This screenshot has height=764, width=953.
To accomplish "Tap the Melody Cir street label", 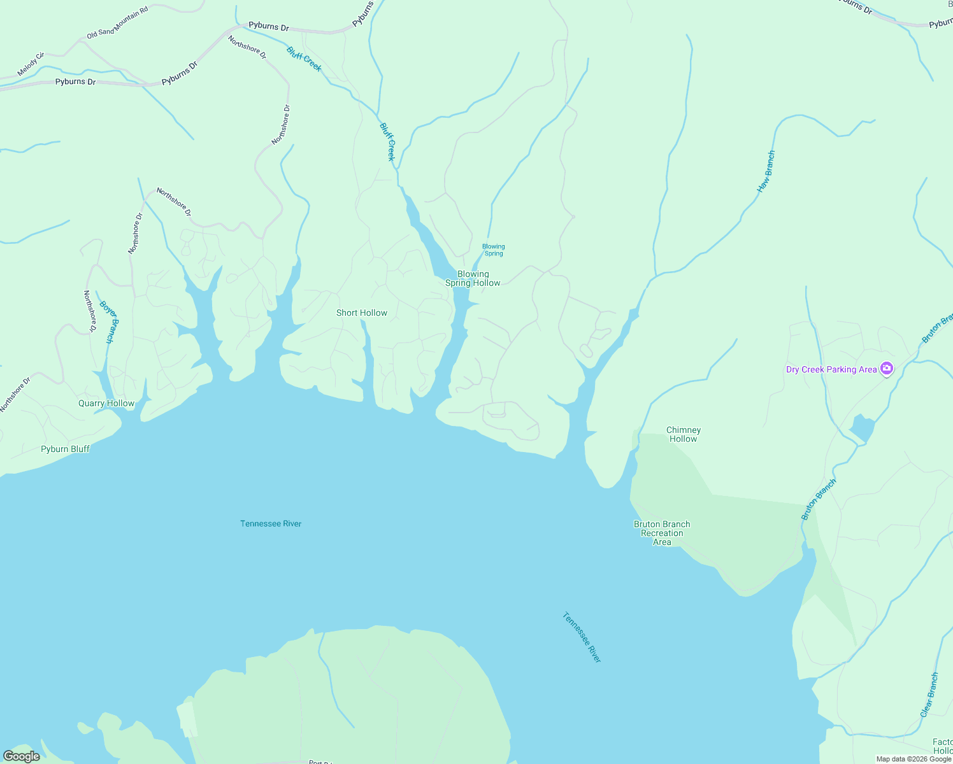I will pos(31,65).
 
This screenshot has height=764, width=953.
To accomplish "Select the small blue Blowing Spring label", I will pos(494,250).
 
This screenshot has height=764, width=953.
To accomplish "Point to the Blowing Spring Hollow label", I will pos(473,278).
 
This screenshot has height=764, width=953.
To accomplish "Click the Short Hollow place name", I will pos(362,313).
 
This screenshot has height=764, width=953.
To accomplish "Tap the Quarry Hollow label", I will pos(106,403).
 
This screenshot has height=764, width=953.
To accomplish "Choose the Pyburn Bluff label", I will pos(65,449).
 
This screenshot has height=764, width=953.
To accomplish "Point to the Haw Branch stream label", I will pos(766,171).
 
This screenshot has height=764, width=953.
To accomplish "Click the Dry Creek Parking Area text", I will pos(831,369).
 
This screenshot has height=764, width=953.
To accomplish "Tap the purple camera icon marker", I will pos(886,368).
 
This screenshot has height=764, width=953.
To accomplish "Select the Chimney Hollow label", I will pos(684,434).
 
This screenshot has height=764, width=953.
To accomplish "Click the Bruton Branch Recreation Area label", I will pos(662,533).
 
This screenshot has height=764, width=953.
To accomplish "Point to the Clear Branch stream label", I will pos(929,695).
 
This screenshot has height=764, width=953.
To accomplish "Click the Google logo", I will pos(22,756).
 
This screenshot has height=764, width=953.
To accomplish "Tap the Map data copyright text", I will pos(914,759).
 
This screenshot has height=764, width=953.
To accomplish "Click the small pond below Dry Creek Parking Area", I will pos(862,428).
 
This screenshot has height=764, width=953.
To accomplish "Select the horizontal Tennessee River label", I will pos(271,523).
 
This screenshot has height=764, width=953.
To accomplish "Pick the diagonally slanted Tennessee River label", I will pos(582,637).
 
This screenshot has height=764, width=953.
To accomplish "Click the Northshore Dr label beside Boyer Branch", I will pos(90,311).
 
